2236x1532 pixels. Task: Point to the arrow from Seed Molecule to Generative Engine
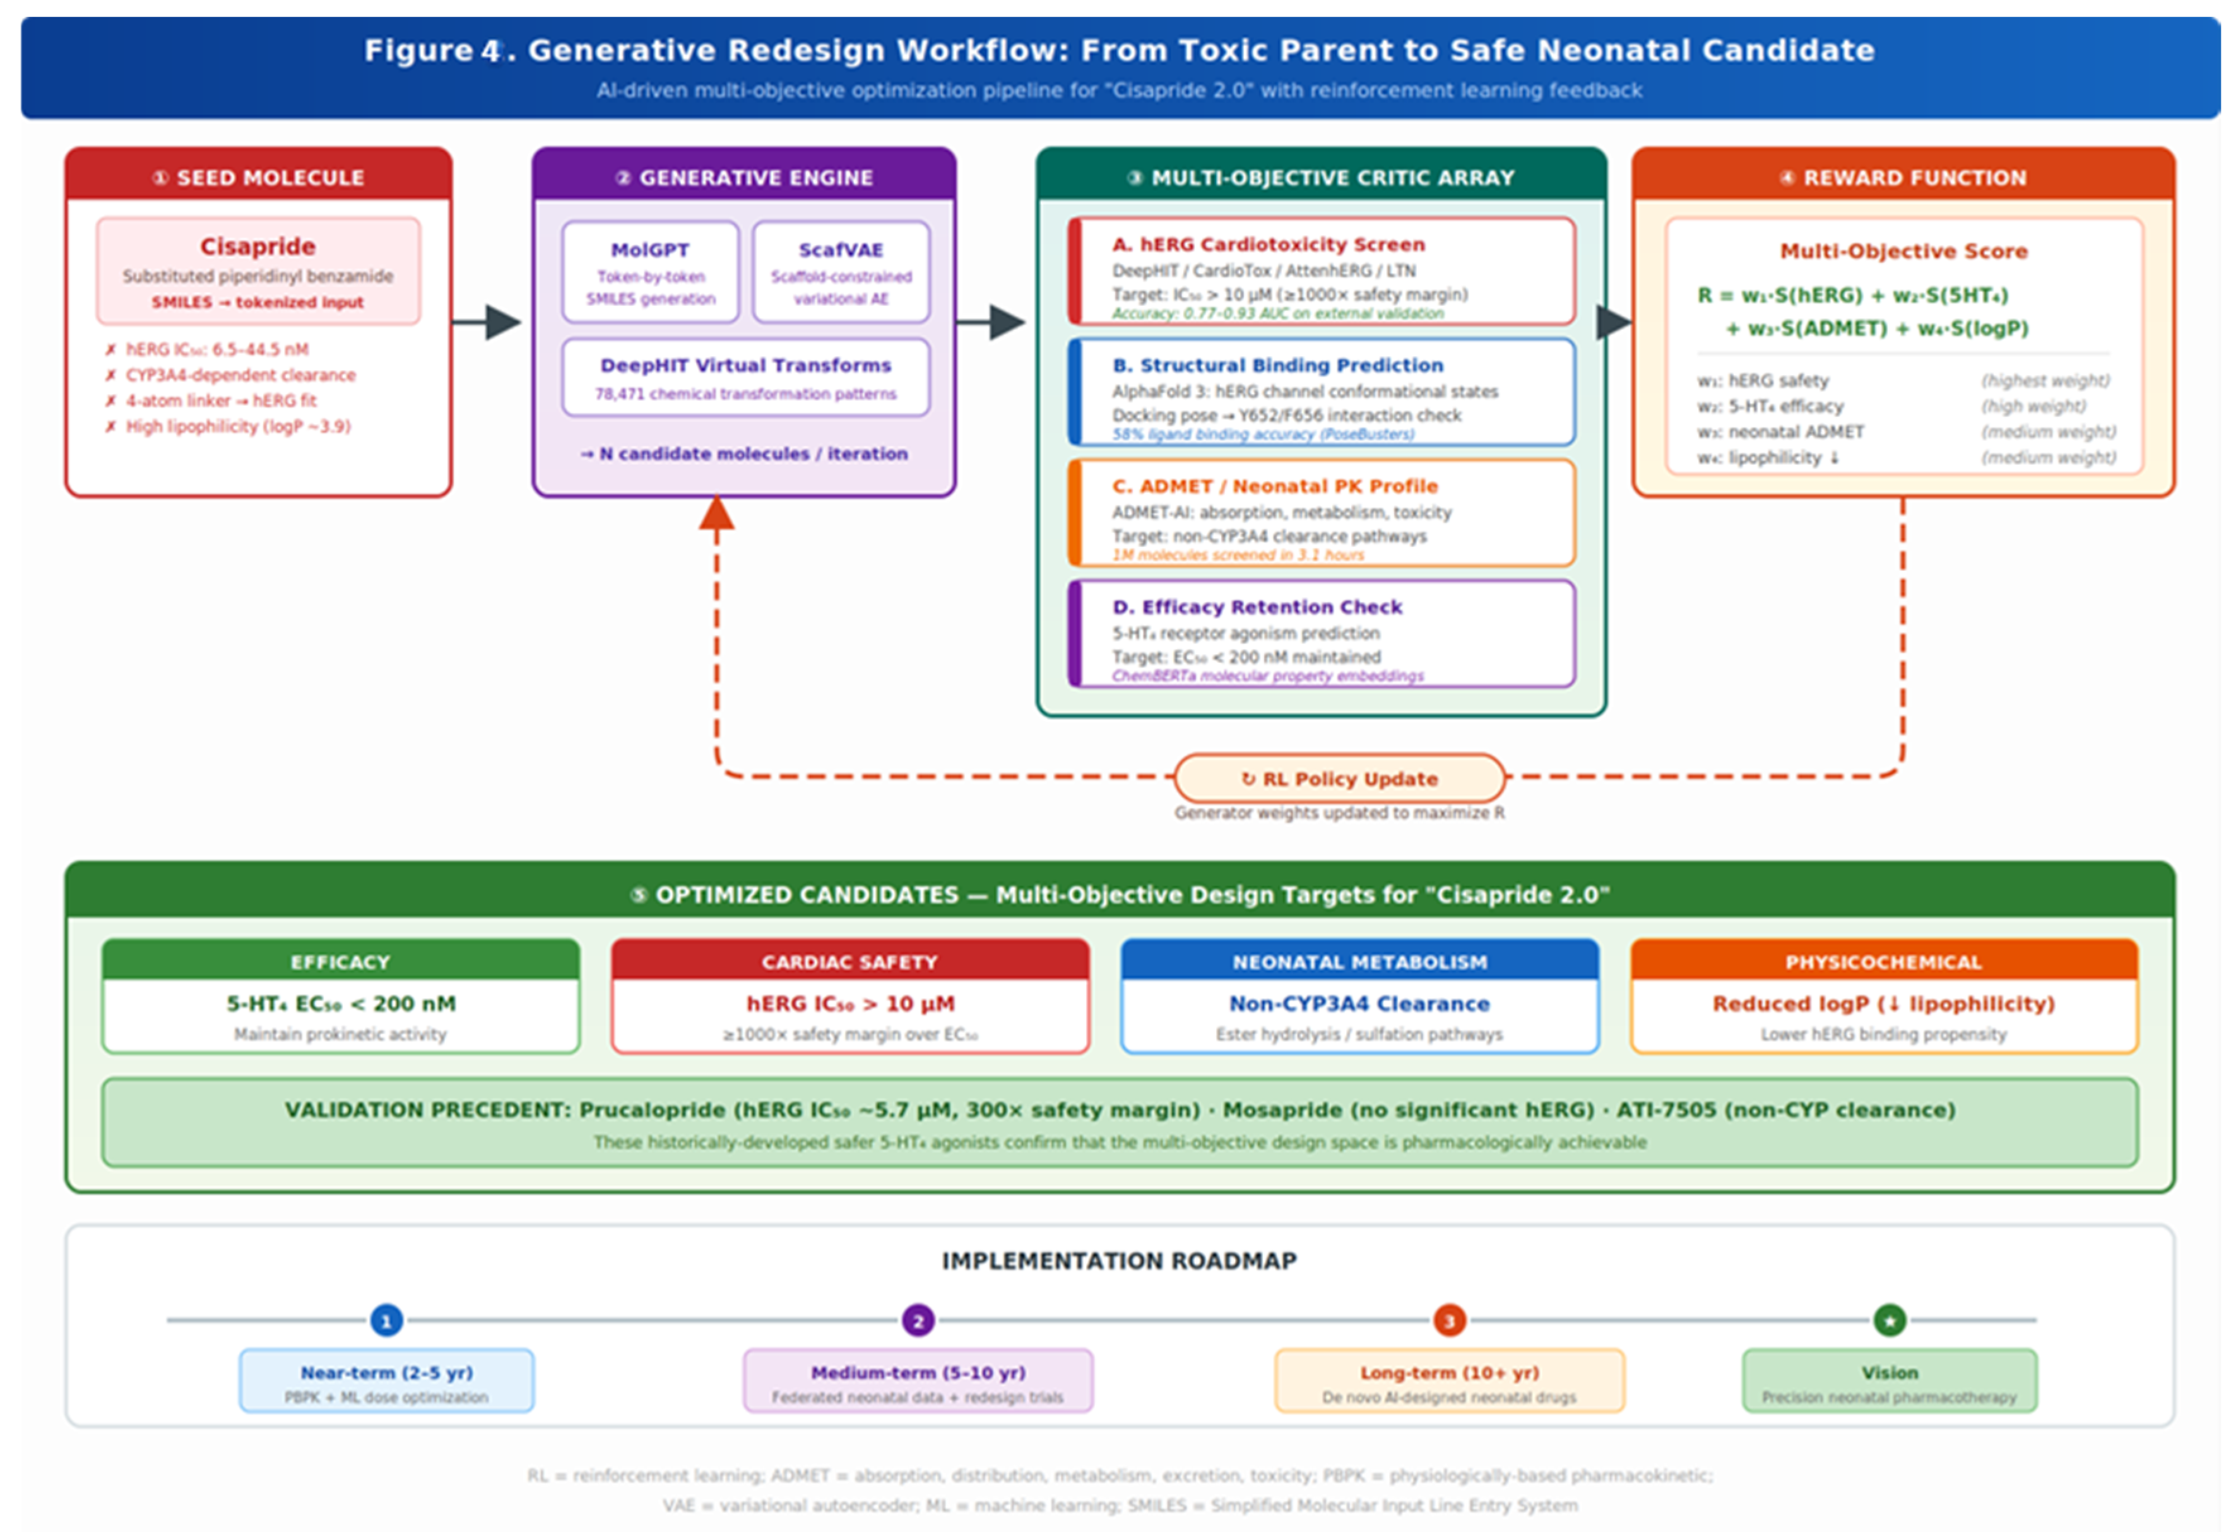tap(488, 322)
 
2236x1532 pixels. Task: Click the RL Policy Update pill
tap(1339, 778)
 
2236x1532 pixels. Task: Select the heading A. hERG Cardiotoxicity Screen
tap(1268, 244)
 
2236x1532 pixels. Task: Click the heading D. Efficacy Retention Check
tap(1257, 607)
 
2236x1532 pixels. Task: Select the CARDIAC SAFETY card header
tap(849, 962)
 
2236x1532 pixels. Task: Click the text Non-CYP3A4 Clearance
tap(1359, 1003)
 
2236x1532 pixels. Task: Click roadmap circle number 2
tap(917, 1321)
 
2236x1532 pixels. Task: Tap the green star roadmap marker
tap(1889, 1321)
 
